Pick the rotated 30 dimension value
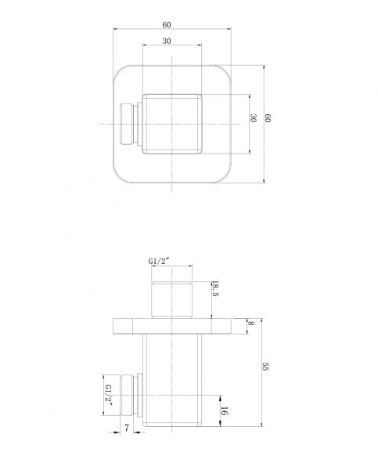pos(253,118)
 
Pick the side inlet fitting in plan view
pos(130,123)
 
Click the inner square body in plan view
pos(171,123)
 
